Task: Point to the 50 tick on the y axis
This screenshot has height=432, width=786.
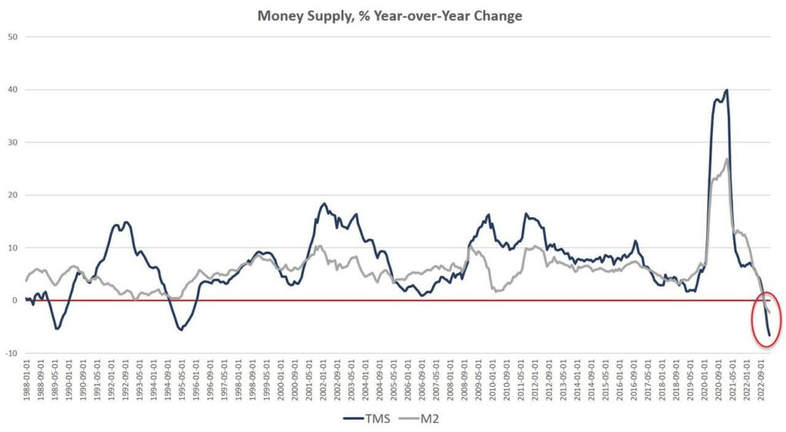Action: click(x=12, y=37)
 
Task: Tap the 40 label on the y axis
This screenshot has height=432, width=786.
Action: click(x=12, y=90)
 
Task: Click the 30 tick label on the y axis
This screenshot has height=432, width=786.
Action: click(x=12, y=143)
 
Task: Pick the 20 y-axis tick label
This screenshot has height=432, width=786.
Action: click(x=12, y=195)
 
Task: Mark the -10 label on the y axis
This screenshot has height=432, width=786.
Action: click(x=11, y=353)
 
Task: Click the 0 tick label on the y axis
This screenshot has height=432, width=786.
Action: click(x=15, y=301)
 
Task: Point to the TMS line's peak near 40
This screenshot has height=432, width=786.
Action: click(x=726, y=91)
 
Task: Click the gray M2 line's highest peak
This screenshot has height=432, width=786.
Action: click(x=726, y=159)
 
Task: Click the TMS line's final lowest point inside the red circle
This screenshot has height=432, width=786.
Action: click(x=769, y=335)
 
